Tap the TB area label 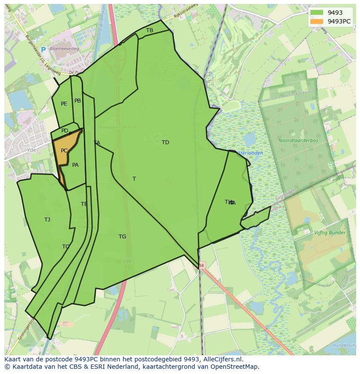click(x=150, y=30)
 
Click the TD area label click(x=165, y=142)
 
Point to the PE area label click(x=64, y=104)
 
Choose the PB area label click(x=77, y=101)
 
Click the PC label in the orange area click(x=64, y=151)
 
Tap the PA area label click(x=75, y=165)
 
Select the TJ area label click(x=47, y=220)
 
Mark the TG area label click(x=122, y=237)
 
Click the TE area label click(x=84, y=204)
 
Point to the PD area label click(x=64, y=131)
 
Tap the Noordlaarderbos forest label click(x=298, y=141)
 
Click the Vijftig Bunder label click(x=330, y=233)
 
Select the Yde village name click(x=31, y=150)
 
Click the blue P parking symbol click(x=43, y=50)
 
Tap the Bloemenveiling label click(x=64, y=49)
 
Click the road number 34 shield click(x=201, y=265)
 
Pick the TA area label click(x=97, y=143)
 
